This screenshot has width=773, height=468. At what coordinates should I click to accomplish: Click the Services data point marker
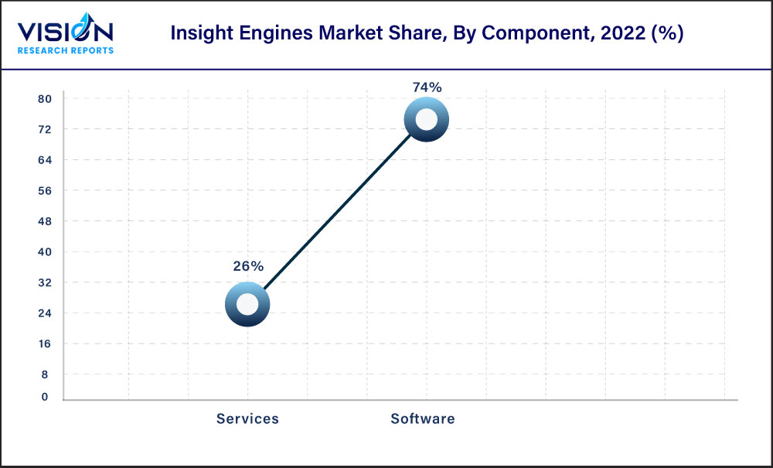(x=247, y=305)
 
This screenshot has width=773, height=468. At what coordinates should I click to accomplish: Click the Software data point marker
(x=426, y=119)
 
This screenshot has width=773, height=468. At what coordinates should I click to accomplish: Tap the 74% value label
(x=427, y=87)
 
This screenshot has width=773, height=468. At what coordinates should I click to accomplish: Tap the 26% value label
(x=248, y=266)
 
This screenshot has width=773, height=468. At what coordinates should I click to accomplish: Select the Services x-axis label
(x=247, y=418)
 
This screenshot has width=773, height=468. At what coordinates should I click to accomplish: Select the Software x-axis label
(x=423, y=418)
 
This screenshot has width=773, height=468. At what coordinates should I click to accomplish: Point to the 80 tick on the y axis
(x=44, y=99)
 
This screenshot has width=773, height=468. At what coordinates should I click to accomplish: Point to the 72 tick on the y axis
(x=44, y=129)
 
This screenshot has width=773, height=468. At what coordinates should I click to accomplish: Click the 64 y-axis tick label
(x=44, y=160)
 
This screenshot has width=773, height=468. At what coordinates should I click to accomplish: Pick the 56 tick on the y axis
(x=44, y=190)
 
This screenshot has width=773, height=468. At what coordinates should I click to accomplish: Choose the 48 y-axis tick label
(x=44, y=221)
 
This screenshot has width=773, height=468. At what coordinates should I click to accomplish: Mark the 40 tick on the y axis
(x=44, y=251)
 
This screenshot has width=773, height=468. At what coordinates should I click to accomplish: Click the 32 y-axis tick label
(x=44, y=282)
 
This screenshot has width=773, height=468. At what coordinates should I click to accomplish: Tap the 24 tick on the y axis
(x=44, y=313)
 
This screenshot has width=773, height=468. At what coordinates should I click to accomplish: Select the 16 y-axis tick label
(x=44, y=343)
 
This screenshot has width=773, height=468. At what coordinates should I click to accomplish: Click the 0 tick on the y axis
(x=45, y=397)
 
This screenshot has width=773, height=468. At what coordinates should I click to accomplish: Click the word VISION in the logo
(x=65, y=32)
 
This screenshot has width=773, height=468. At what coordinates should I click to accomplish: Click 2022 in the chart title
(x=612, y=35)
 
